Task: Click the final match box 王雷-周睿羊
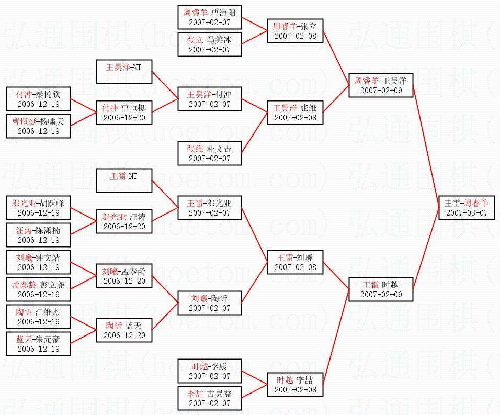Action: pos(467,208)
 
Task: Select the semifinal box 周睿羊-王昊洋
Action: pos(381,85)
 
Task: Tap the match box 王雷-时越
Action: pos(381,289)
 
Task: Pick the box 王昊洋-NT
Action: pos(124,72)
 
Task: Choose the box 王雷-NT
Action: pos(124,181)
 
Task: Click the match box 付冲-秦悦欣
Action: pos(38,99)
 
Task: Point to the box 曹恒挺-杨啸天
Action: pos(38,126)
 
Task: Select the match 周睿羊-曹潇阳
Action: pos(210,17)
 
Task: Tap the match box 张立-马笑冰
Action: pos(210,44)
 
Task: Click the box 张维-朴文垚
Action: pos(210,153)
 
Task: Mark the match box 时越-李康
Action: pos(210,371)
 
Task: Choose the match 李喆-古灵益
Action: pos(210,398)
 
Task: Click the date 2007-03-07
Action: pos(467,213)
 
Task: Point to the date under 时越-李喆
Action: pos(296,390)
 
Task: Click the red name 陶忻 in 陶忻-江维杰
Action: pos(24,312)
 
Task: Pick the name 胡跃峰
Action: pos(52,203)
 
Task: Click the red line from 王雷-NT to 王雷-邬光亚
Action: pos(165,194)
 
